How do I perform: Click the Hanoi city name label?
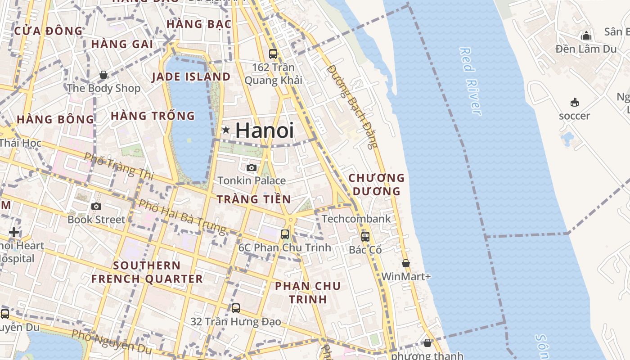[265, 130]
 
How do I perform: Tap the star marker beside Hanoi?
[226, 130]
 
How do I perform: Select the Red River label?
[470, 81]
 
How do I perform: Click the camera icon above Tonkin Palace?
[252, 168]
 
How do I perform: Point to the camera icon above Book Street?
[96, 207]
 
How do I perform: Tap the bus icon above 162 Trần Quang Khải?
[273, 54]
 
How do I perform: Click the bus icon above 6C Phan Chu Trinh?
[285, 234]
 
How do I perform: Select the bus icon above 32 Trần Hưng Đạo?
[236, 308]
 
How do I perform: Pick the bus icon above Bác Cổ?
[365, 236]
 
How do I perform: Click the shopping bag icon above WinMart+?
[406, 263]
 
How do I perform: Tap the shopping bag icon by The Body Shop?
[103, 75]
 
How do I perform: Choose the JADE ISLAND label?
[191, 77]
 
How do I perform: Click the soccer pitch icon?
[575, 103]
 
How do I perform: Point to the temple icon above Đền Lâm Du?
[586, 36]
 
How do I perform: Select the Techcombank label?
[356, 219]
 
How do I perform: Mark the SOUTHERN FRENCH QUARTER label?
[147, 272]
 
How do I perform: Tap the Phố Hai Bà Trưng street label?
[182, 216]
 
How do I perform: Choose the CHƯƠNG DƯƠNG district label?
[377, 184]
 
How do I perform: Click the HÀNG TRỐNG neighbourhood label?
[153, 116]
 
